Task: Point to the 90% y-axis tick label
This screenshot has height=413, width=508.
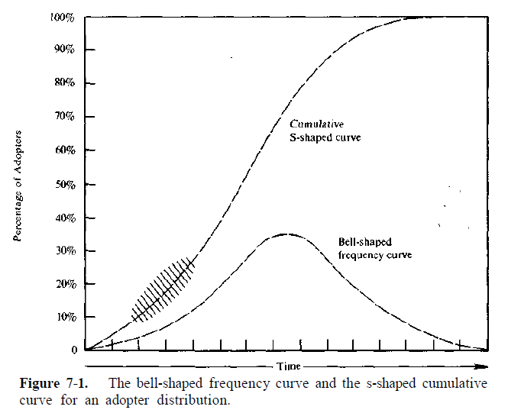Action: (x=63, y=50)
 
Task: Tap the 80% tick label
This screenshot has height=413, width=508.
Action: (x=63, y=84)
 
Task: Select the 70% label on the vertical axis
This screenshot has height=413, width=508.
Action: (x=63, y=118)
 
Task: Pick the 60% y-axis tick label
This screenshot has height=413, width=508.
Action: (x=63, y=151)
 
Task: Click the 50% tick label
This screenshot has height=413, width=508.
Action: (x=63, y=185)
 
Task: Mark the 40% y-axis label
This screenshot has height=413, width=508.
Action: (x=63, y=218)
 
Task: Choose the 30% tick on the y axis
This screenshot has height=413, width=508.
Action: (x=63, y=251)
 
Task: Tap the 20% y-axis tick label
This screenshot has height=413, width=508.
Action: (x=63, y=284)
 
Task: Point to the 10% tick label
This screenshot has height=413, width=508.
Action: (x=63, y=317)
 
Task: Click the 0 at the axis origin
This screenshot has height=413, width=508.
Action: (x=74, y=350)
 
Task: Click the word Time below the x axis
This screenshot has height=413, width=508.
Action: (x=289, y=366)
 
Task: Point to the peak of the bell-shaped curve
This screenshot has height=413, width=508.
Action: (x=286, y=234)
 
